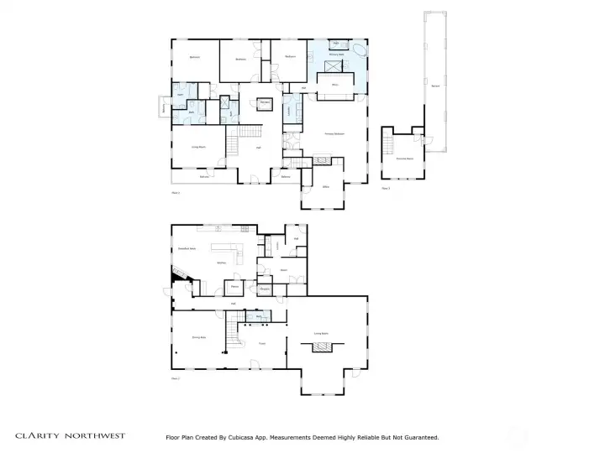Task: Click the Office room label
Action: tap(325, 187)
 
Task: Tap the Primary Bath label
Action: tap(339, 53)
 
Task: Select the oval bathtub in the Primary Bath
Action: tap(359, 50)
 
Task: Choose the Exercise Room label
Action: tap(404, 158)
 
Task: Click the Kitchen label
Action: tap(223, 263)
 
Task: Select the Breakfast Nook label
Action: tap(187, 248)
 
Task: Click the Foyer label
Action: tap(261, 343)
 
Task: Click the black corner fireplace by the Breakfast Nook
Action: tap(178, 275)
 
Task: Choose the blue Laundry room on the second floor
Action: tap(289, 110)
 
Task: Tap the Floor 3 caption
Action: tap(386, 189)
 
